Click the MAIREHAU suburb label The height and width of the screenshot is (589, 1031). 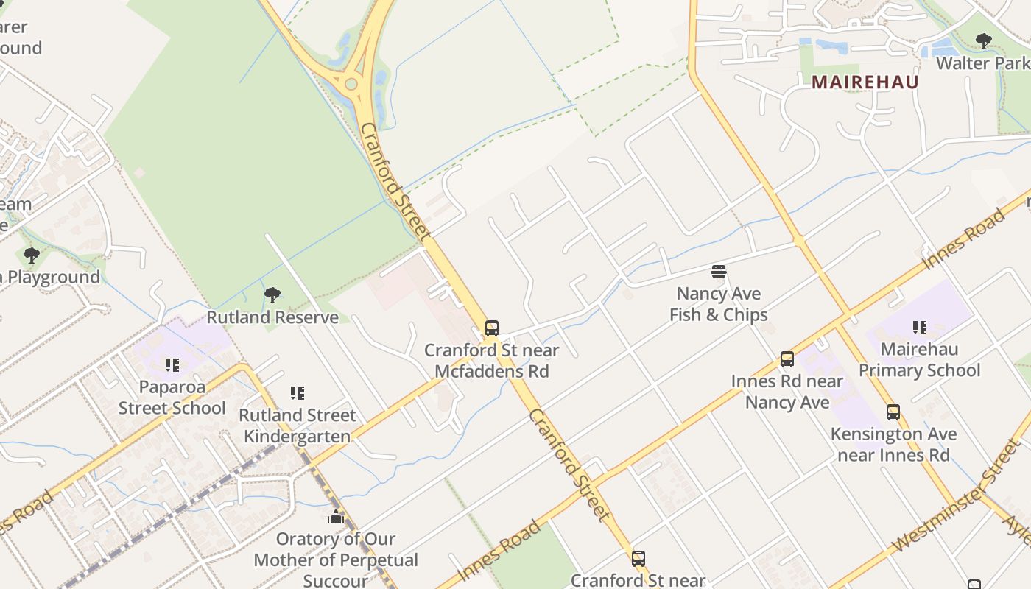[865, 82]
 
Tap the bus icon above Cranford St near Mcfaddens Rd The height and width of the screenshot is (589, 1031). [492, 328]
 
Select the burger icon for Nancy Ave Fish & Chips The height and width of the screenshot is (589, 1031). [719, 272]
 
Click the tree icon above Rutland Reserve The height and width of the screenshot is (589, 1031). [272, 295]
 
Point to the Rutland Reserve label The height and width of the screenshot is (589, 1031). [272, 317]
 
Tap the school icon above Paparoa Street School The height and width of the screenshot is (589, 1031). [172, 364]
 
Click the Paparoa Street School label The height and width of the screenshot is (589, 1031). [172, 397]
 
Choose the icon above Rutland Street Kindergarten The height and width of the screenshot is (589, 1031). [298, 392]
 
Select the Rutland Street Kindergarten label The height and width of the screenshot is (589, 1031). [298, 426]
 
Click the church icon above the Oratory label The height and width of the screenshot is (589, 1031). [336, 517]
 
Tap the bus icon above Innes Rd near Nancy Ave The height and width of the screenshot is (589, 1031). [787, 359]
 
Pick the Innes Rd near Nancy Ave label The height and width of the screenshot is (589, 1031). [787, 392]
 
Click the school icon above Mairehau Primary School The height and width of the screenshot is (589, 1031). [919, 327]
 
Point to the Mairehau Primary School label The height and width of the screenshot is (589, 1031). [919, 359]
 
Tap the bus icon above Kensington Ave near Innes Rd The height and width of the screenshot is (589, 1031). [893, 412]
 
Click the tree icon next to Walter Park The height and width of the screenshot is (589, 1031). [983, 41]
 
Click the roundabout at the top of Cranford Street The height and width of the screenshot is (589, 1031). [351, 84]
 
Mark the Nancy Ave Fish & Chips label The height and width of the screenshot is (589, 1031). [719, 304]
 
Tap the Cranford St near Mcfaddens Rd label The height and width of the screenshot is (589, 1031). [492, 361]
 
